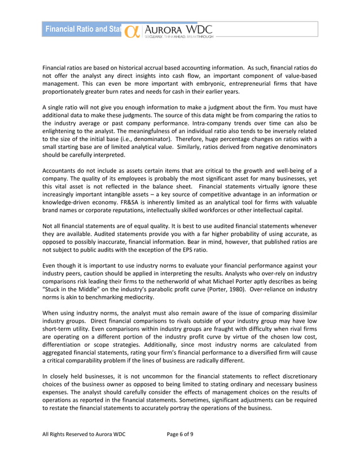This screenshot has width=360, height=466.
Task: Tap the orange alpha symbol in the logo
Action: [132, 32]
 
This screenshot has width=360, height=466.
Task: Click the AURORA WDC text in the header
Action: [178, 28]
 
